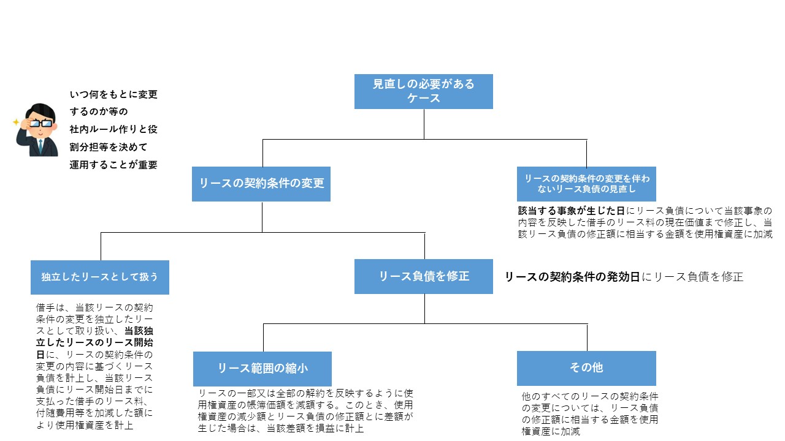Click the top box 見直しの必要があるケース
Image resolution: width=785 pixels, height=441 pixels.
pyautogui.click(x=423, y=91)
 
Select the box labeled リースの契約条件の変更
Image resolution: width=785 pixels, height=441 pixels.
pyautogui.click(x=261, y=184)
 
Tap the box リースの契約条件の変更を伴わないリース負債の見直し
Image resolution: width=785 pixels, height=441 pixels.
pyautogui.click(x=586, y=184)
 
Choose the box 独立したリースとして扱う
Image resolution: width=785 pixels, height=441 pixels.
pyautogui.click(x=100, y=277)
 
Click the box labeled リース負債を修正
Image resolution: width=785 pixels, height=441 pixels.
pyautogui.click(x=423, y=276)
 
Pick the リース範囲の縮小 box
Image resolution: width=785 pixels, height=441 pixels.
pyautogui.click(x=262, y=369)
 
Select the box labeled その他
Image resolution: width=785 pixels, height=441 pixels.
pyautogui.click(x=586, y=368)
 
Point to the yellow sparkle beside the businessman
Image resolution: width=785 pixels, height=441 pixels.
pyautogui.click(x=16, y=122)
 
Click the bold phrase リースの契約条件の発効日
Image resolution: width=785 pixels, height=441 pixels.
pyautogui.click(x=572, y=277)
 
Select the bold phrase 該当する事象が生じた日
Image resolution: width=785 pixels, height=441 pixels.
pyautogui.click(x=571, y=211)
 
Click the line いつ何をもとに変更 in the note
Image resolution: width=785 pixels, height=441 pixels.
pyautogui.click(x=113, y=95)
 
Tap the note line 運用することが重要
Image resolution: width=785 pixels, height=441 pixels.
pyautogui.click(x=113, y=165)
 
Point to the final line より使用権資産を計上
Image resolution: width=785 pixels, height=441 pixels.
pyautogui.click(x=85, y=425)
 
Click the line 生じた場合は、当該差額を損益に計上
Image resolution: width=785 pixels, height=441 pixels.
pyautogui.click(x=281, y=429)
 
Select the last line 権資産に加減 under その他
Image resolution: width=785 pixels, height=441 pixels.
pyautogui.click(x=551, y=431)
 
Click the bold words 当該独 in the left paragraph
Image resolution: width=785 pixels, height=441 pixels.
pyautogui.click(x=139, y=331)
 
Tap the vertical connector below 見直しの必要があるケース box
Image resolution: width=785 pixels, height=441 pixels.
pyautogui.click(x=424, y=124)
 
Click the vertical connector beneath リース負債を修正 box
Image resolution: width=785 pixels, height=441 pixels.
pyautogui.click(x=424, y=309)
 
